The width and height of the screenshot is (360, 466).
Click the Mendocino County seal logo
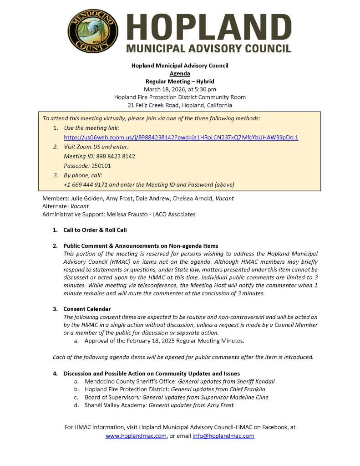click(93, 31)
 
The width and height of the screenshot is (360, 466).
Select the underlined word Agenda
click(180, 73)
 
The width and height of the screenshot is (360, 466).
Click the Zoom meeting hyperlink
click(181, 137)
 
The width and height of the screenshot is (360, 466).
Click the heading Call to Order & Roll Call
click(95, 230)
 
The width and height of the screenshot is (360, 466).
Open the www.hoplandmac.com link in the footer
click(136, 436)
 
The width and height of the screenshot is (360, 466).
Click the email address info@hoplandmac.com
click(223, 436)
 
